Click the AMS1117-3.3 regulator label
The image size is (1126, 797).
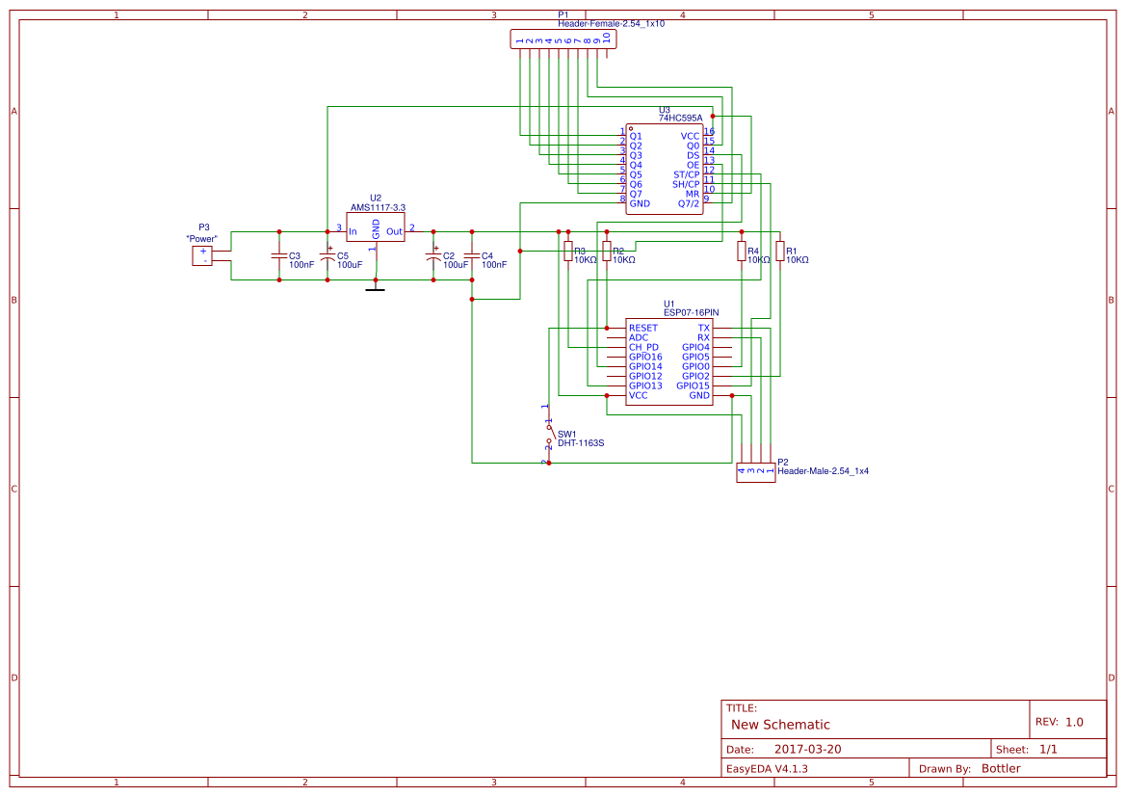pos(378,207)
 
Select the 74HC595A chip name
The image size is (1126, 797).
pos(680,118)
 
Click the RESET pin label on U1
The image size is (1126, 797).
pos(643,329)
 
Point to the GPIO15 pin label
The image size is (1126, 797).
pos(693,386)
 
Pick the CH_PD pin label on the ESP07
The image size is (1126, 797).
pos(643,348)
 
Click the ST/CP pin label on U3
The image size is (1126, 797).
pos(686,174)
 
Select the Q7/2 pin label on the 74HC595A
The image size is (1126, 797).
pos(689,203)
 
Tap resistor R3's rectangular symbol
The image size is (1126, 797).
pos(568,252)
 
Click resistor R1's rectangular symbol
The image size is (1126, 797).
pos(780,252)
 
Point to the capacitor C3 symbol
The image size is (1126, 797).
pos(279,256)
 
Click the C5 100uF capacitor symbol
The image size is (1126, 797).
pos(327,256)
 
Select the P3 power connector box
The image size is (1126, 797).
pos(202,255)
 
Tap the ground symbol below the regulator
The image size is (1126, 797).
pos(376,286)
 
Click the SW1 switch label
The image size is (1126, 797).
pos(566,434)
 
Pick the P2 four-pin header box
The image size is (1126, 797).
pos(755,473)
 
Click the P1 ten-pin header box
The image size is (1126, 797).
pos(563,40)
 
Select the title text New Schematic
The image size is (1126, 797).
pos(780,725)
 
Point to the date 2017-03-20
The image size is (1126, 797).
pos(807,749)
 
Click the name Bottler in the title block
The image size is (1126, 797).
pos(1001,768)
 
